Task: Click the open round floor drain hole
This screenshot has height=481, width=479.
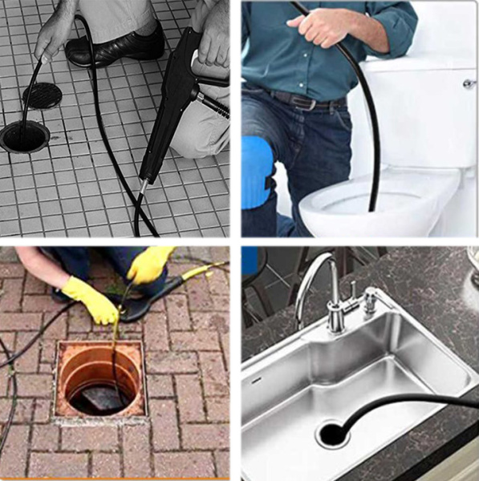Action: pyautogui.click(x=24, y=137)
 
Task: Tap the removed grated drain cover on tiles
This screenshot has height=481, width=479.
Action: pyautogui.click(x=43, y=95)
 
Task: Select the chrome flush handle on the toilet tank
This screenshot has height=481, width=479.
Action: pyautogui.click(x=469, y=83)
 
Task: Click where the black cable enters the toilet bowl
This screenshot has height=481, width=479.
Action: pyautogui.click(x=371, y=207)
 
